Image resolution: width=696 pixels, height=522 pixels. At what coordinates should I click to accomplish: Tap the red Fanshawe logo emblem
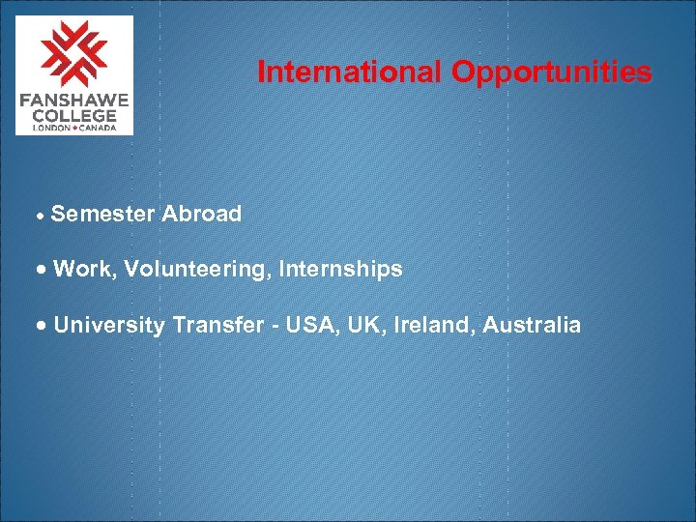[x=74, y=53]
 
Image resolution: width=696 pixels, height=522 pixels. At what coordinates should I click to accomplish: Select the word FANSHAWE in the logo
[x=74, y=101]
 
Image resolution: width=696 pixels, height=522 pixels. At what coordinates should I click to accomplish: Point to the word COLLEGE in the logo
[x=74, y=115]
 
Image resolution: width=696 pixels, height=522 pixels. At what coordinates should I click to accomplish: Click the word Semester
[x=102, y=214]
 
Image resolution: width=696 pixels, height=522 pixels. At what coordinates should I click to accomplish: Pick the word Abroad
[x=202, y=214]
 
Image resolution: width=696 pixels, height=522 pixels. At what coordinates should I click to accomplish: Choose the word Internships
[x=340, y=270]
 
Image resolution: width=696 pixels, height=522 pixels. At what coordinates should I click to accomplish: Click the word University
[x=110, y=325]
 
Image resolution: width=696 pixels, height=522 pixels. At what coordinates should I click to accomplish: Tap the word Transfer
[x=217, y=325]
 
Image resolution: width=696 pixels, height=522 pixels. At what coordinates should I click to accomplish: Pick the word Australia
[x=532, y=325]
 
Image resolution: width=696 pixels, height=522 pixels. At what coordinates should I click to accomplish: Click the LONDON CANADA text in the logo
[x=74, y=128]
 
